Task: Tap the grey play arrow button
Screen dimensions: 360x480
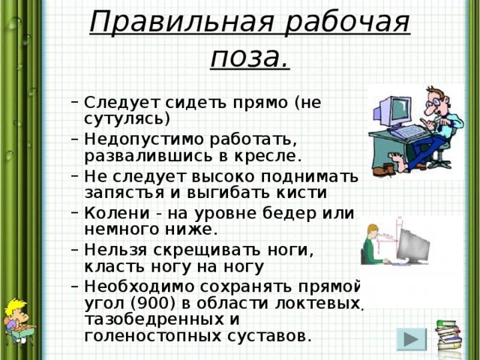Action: tap(409, 339)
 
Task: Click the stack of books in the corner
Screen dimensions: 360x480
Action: tap(451, 338)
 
